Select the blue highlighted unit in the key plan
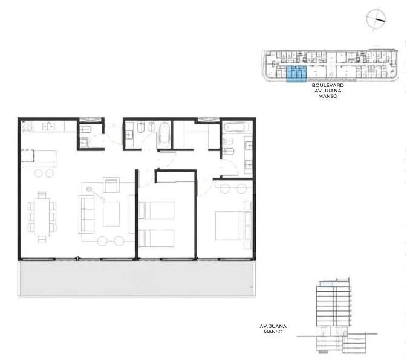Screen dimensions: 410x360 [296, 74]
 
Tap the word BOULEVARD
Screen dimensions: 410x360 [328, 85]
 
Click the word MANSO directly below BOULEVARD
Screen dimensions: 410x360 [328, 96]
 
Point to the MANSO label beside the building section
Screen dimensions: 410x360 [273, 332]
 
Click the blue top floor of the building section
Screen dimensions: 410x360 [327, 284]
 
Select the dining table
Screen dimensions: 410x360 [42, 217]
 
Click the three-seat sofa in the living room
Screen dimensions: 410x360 [86, 214]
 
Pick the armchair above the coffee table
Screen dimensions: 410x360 [111, 185]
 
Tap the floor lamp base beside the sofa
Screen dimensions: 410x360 [89, 189]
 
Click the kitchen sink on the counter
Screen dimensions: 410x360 [48, 126]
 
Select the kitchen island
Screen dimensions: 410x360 [39, 159]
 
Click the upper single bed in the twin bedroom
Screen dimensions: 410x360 [157, 210]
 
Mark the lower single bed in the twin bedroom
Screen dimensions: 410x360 [157, 238]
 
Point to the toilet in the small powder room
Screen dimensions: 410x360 [85, 129]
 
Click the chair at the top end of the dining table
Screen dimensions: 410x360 [42, 195]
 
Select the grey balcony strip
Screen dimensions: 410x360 [137, 278]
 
